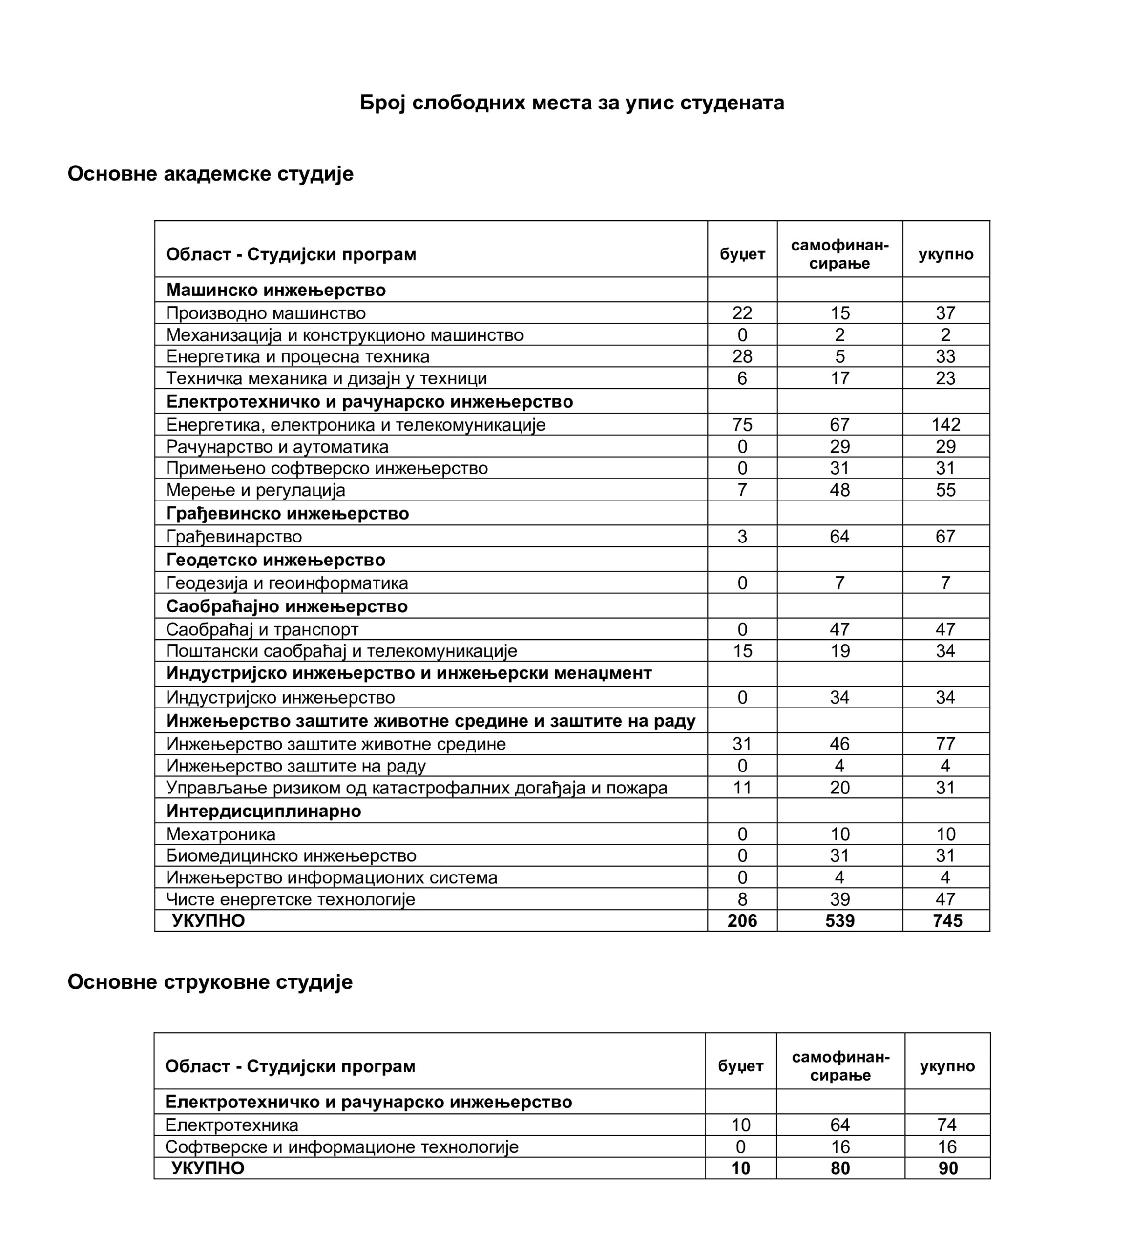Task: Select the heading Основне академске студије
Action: [x=210, y=174]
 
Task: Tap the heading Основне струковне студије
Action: [x=209, y=982]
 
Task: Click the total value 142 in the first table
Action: [x=945, y=425]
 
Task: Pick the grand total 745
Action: [x=947, y=921]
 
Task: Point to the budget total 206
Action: [x=742, y=921]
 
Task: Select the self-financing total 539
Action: [x=839, y=921]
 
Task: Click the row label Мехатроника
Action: [x=220, y=834]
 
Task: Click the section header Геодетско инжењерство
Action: [x=275, y=560]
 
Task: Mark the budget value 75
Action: [x=742, y=425]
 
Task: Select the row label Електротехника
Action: [x=231, y=1125]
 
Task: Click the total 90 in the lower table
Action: [x=947, y=1168]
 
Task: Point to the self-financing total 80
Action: [x=839, y=1168]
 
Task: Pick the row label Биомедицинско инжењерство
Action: [x=291, y=855]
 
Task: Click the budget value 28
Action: [x=742, y=356]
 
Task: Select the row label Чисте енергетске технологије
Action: [x=290, y=899]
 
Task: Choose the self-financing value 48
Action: [x=839, y=490]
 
